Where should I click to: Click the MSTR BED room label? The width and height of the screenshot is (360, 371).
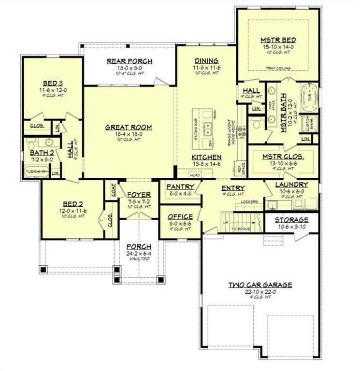278,40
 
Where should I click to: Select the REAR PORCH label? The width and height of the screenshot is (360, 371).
129,61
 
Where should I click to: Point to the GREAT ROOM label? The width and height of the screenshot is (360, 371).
129,128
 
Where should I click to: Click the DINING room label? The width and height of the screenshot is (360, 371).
206,60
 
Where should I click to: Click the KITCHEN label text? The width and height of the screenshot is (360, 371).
206,157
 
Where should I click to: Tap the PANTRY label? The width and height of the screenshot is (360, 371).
180,186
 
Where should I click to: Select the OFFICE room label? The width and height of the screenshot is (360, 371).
180,217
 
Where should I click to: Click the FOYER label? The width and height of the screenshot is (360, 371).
139,195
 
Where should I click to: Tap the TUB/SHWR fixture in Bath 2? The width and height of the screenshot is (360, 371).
37,171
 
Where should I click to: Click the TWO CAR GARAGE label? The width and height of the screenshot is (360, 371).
260,285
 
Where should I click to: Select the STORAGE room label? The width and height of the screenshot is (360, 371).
291,220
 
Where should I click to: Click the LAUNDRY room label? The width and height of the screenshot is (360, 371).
291,185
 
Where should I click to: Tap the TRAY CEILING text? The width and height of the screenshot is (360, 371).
278,69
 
